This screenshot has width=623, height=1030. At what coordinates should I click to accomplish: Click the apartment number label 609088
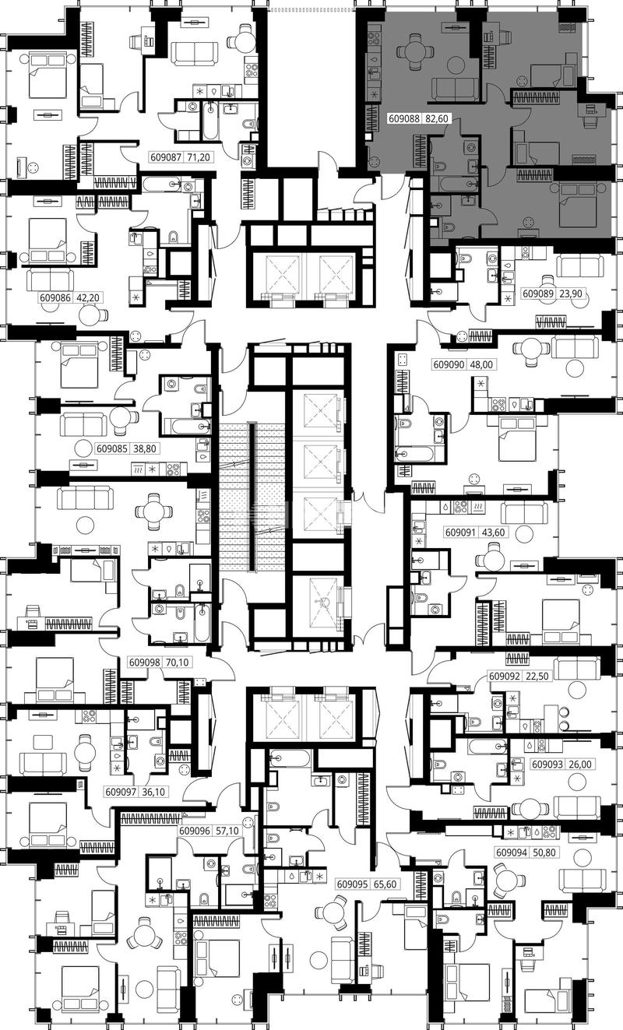pos(404,118)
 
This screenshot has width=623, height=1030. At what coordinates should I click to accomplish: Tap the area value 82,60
pos(436,118)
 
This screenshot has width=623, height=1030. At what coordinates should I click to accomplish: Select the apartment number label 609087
pos(167,157)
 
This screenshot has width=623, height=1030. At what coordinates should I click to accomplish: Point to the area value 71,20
pos(199,157)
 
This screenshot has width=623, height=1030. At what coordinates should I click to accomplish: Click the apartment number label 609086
pos(55,297)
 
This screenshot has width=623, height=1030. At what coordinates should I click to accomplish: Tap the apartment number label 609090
pos(449,364)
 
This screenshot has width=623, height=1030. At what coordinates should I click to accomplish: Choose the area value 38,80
pos(145,448)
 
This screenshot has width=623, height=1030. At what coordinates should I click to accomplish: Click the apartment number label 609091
pos(461,533)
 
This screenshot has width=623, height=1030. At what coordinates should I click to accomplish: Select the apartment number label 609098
pos(145,663)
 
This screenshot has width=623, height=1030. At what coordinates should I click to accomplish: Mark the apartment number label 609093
pos(547,765)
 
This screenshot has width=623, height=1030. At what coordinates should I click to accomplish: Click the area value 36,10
pos(153,792)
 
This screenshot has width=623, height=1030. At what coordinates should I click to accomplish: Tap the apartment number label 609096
pos(195,831)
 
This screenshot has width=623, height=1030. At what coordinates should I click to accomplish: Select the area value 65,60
pos(385,884)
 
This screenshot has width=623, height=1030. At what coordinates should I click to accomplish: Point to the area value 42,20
pos(87,297)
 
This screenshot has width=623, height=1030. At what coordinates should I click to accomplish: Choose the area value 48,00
pos(480,364)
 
